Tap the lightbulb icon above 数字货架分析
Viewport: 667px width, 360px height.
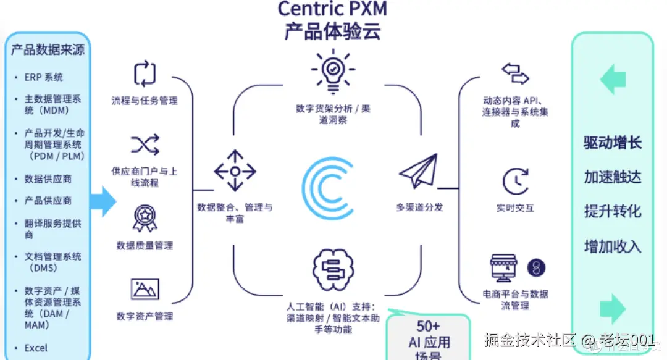tap(332, 71)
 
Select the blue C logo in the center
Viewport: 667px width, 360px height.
tap(327, 189)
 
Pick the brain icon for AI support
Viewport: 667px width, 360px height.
tap(332, 269)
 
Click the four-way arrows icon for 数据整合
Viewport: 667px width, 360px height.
tap(235, 170)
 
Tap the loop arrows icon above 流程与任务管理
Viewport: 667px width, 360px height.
tap(145, 73)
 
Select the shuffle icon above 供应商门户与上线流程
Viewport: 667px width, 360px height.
tap(145, 145)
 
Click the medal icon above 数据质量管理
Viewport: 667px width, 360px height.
tap(145, 218)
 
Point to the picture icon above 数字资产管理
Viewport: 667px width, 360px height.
tap(145, 289)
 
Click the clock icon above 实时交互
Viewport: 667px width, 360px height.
tap(515, 181)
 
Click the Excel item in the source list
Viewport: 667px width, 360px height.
tap(36, 348)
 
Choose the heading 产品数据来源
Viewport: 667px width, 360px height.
tap(48, 50)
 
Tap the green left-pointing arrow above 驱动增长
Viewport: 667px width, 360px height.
tap(612, 81)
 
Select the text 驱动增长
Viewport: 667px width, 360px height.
tap(613, 143)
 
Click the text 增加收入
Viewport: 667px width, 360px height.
tap(613, 246)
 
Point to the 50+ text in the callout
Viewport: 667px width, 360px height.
tap(428, 326)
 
